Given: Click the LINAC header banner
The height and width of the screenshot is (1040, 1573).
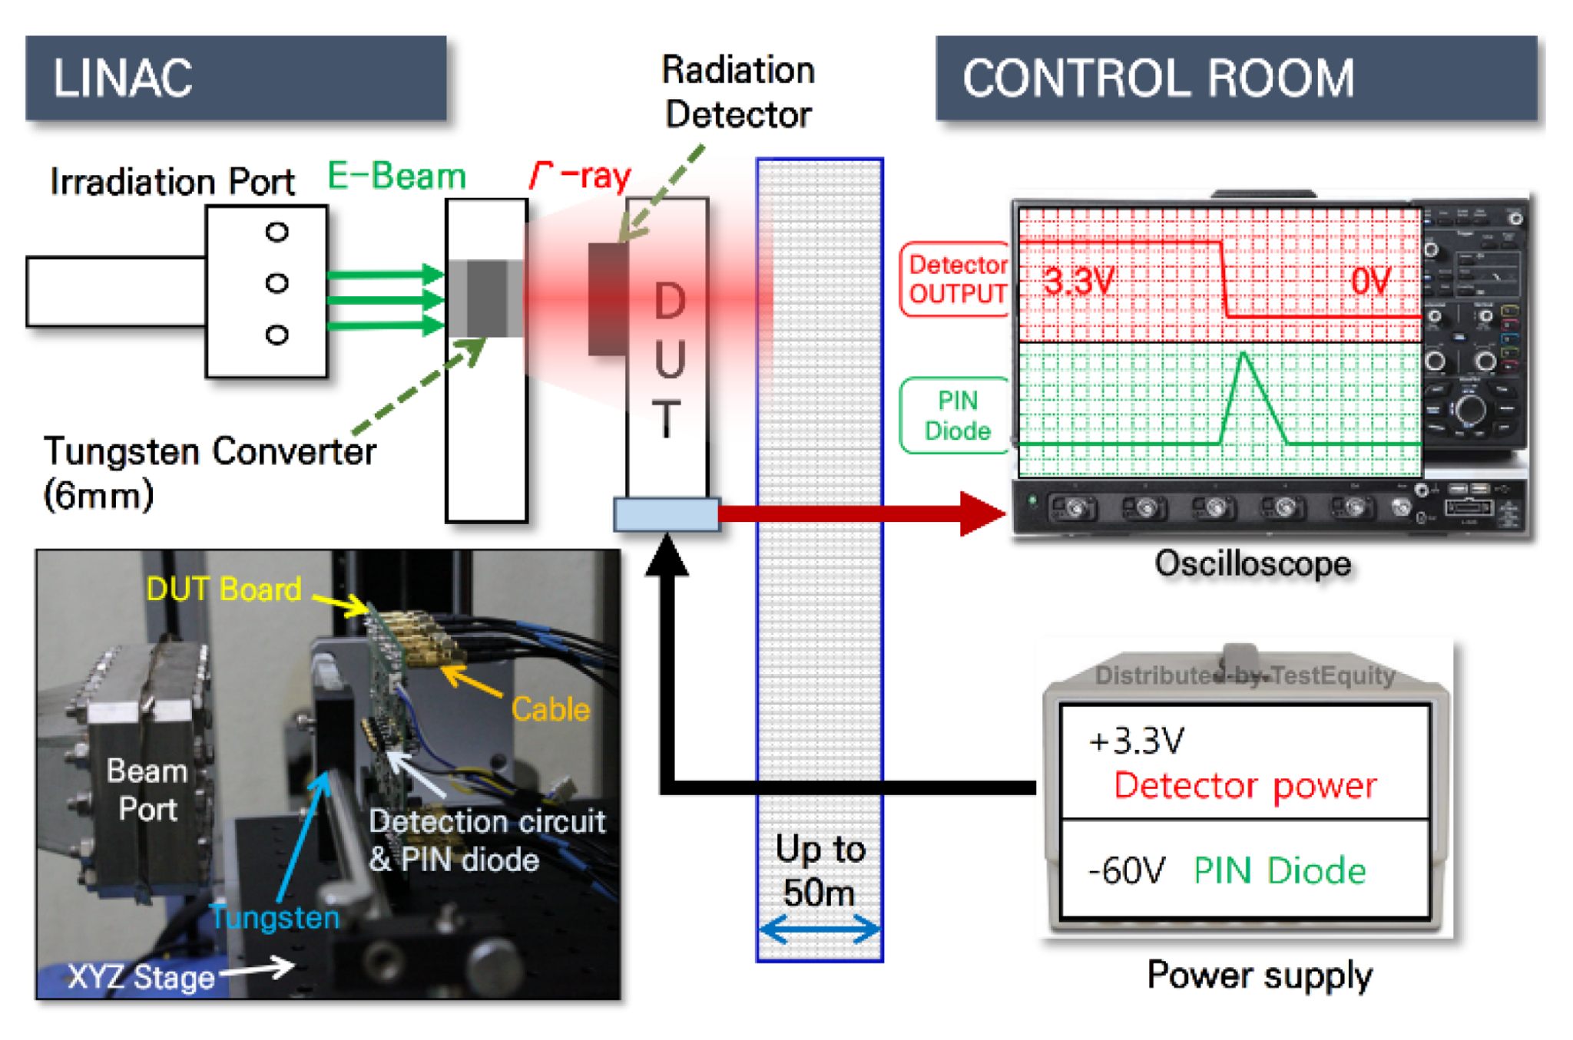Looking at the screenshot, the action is [x=236, y=78].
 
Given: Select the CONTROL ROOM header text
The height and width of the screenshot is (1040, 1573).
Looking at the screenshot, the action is [x=1158, y=78].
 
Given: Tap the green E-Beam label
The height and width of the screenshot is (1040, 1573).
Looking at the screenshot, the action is [x=396, y=176].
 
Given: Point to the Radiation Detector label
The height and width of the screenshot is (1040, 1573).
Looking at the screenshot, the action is [x=738, y=92].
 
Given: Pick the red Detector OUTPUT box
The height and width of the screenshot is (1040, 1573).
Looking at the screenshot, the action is [x=956, y=279].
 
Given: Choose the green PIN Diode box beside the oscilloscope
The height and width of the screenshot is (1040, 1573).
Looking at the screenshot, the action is [x=956, y=415].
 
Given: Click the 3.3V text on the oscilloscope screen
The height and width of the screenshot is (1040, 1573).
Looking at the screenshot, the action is [x=1078, y=282].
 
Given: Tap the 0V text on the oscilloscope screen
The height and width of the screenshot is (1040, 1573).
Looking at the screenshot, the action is [x=1371, y=281].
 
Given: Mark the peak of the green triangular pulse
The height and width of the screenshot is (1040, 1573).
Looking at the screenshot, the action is [x=1243, y=352].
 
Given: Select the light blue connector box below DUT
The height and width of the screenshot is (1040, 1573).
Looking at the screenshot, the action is [x=667, y=514].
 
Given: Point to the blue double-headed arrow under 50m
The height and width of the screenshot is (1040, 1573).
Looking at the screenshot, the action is [x=820, y=929].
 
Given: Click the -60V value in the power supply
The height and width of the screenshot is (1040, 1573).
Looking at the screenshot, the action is [x=1126, y=870].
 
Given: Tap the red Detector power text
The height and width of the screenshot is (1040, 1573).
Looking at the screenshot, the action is [x=1245, y=786].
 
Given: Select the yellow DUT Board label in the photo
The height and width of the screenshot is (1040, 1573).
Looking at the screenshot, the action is [x=224, y=589].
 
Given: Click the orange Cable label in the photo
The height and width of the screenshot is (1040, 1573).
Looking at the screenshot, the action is [x=551, y=709].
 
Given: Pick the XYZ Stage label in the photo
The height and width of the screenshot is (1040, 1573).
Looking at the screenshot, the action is [x=141, y=977].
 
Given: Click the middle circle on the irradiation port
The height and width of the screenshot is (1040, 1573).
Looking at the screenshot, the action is [x=277, y=283].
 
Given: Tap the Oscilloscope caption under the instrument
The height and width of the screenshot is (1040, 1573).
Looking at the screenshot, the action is [x=1253, y=564].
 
